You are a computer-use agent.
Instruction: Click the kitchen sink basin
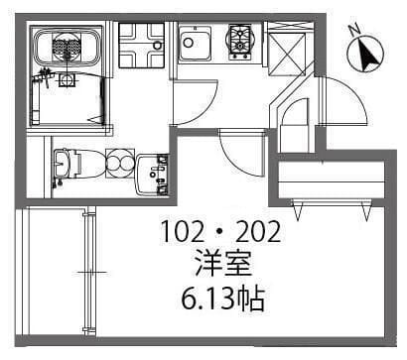(193, 43)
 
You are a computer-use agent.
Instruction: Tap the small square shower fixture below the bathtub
(67, 80)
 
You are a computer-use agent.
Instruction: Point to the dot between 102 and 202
(221, 235)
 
